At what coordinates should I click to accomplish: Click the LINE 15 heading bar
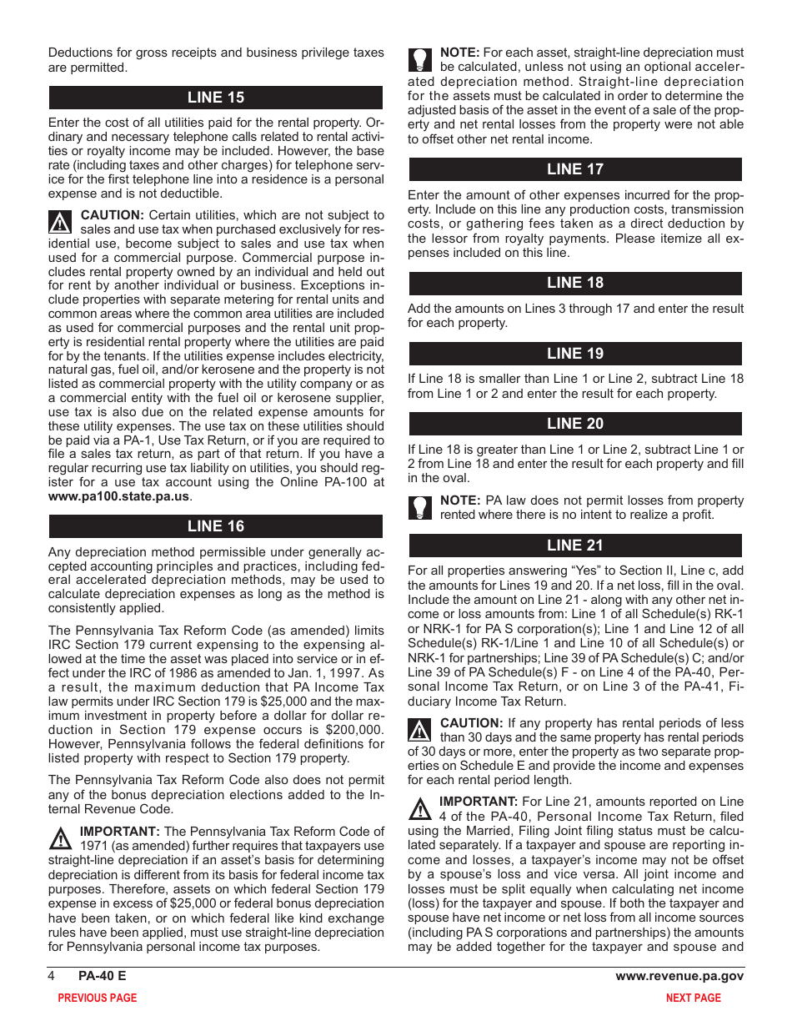click(x=215, y=98)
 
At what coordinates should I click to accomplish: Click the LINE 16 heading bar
click(x=215, y=526)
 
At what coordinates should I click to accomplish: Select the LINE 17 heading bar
click(x=574, y=169)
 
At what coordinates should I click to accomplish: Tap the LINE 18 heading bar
click(x=574, y=283)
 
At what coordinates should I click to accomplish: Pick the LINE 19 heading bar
click(x=574, y=354)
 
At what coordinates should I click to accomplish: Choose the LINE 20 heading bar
click(x=574, y=424)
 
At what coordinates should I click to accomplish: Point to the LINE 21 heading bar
click(x=574, y=546)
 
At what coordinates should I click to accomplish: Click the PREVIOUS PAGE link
click(x=97, y=998)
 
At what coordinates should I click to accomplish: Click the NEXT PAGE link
click(x=693, y=998)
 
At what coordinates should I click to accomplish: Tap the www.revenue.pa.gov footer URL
click(x=679, y=976)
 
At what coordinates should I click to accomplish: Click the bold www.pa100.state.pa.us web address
click(x=118, y=496)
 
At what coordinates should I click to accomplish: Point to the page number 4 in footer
click(x=52, y=976)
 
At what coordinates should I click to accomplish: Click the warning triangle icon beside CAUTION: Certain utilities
click(x=61, y=222)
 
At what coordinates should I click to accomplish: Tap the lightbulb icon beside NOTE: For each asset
click(x=420, y=60)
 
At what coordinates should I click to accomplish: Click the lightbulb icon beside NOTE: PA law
click(x=420, y=507)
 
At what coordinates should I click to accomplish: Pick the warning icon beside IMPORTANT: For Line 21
click(x=420, y=808)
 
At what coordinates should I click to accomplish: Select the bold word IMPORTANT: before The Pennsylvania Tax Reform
click(x=119, y=832)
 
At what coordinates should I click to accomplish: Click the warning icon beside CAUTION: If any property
click(x=420, y=730)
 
